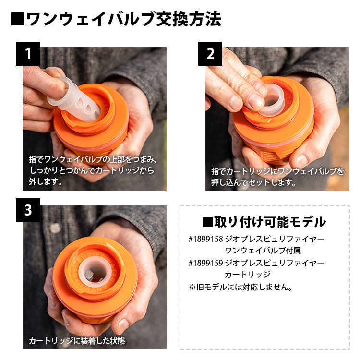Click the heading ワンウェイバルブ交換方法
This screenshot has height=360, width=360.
click(123, 19)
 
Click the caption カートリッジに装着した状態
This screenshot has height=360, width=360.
click(76, 341)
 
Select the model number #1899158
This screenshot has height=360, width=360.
click(206, 239)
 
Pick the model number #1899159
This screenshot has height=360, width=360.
click(206, 263)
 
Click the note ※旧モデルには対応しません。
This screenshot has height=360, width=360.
click(240, 288)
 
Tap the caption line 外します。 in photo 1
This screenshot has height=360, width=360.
click(46, 182)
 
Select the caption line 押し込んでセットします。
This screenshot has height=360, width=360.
click(254, 182)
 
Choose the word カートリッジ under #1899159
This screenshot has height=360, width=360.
click(247, 275)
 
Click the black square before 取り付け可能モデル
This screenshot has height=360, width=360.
click(207, 222)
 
